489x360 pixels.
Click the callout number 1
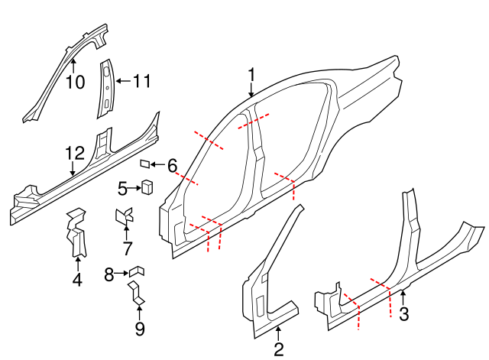pos(251,75)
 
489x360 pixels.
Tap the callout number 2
pos(279,350)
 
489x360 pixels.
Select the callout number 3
pos(404,313)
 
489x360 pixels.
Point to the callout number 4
pos(77,281)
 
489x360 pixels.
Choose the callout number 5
pos(123,187)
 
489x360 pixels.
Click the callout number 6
pos(172,165)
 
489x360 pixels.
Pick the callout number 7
pos(127,248)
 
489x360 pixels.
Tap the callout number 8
pos(109,273)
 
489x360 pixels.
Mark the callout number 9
pos(139,329)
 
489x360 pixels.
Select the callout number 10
pos(75,82)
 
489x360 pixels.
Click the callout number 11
pos(143,80)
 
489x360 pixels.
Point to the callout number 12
pos(73,153)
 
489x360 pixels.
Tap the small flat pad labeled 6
pos(144,163)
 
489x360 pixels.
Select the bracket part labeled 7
pos(124,216)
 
